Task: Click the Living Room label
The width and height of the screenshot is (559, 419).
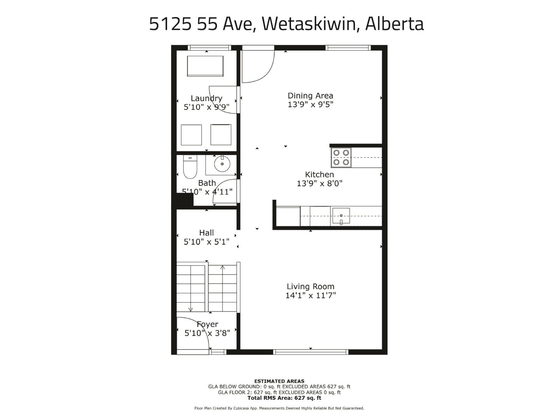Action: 310,287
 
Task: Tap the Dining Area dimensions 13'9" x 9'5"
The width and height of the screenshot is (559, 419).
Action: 310,104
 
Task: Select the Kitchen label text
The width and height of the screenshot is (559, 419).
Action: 319,175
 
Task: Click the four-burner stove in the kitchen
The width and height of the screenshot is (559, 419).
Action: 341,157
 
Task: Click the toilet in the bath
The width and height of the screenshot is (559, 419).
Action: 190,167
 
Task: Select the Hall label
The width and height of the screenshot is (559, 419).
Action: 206,233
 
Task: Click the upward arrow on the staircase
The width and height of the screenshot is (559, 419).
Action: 223,268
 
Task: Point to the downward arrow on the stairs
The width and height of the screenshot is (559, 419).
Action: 190,309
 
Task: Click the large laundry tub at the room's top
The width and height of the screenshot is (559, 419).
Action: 205,66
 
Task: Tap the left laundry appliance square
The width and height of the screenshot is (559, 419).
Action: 191,135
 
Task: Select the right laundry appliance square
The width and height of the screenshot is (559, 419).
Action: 221,135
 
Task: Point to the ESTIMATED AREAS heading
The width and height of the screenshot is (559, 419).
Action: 279,381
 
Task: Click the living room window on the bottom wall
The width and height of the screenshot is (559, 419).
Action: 311,352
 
